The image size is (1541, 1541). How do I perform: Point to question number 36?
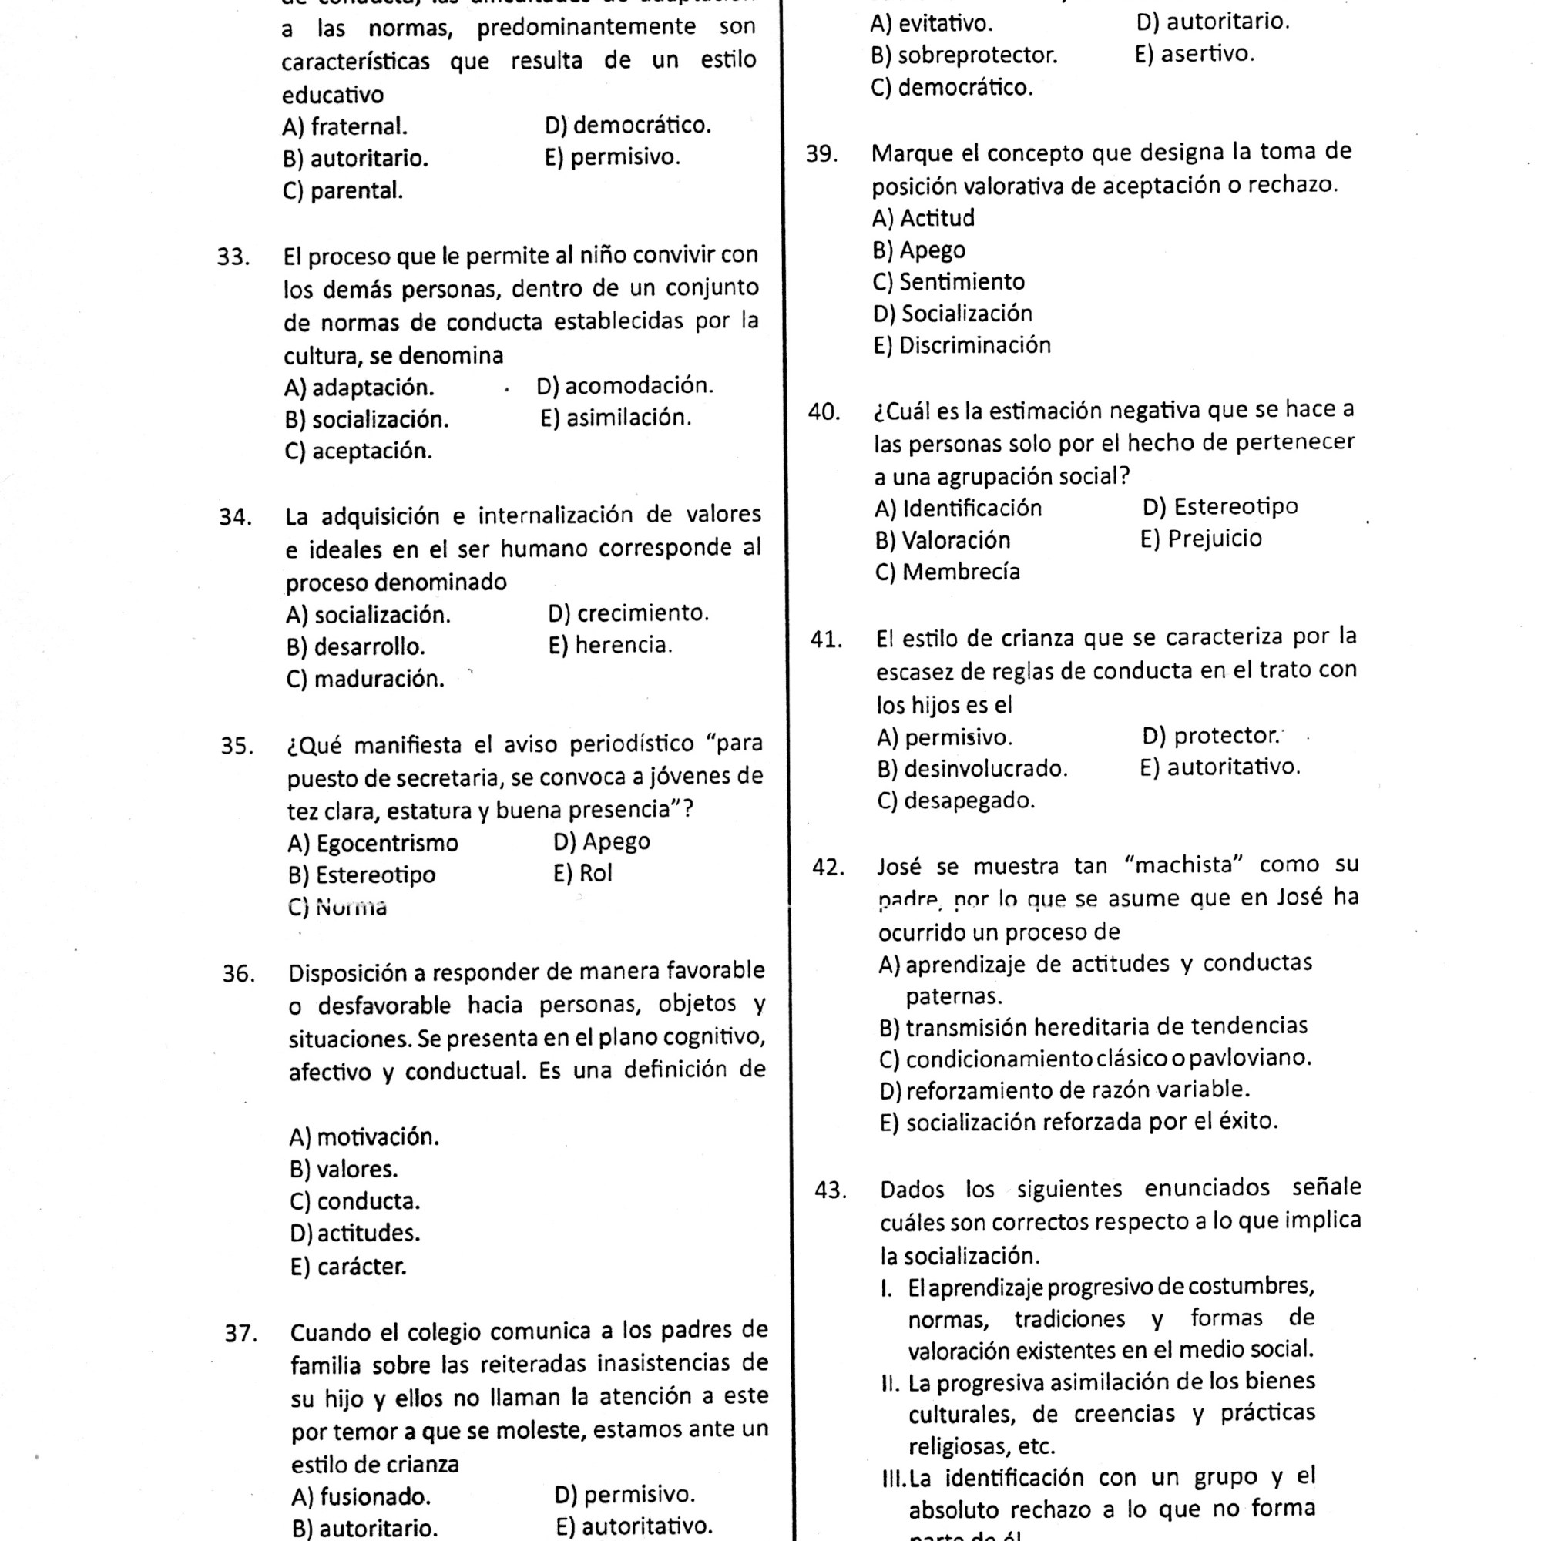(239, 974)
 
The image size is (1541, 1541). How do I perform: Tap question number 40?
(824, 411)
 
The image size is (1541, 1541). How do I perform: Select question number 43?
(830, 1191)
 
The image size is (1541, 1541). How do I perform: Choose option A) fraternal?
(344, 127)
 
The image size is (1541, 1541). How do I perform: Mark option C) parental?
(342, 191)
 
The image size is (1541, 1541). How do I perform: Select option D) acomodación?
(625, 386)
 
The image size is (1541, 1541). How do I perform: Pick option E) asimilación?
(615, 418)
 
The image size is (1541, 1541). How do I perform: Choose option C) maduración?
(364, 680)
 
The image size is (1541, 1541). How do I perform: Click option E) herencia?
(610, 645)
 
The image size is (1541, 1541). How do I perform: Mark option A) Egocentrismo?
(373, 843)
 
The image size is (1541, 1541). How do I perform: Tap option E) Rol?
(582, 874)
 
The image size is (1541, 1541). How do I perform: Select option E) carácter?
(347, 1267)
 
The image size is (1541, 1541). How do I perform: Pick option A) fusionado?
(361, 1496)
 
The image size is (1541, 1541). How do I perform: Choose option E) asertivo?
(1194, 54)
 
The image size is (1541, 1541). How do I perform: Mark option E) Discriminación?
(962, 345)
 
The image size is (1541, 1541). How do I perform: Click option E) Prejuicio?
(1201, 539)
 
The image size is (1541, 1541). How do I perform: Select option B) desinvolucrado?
(972, 769)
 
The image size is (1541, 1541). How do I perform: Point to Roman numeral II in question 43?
(890, 1383)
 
